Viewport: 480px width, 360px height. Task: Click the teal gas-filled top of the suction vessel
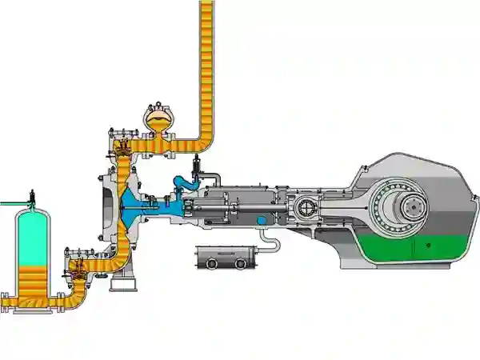point(32,232)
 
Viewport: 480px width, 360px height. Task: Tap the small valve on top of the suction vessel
point(31,194)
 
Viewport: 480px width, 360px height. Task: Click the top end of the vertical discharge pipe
point(206,6)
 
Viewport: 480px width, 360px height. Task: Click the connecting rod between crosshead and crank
point(352,207)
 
